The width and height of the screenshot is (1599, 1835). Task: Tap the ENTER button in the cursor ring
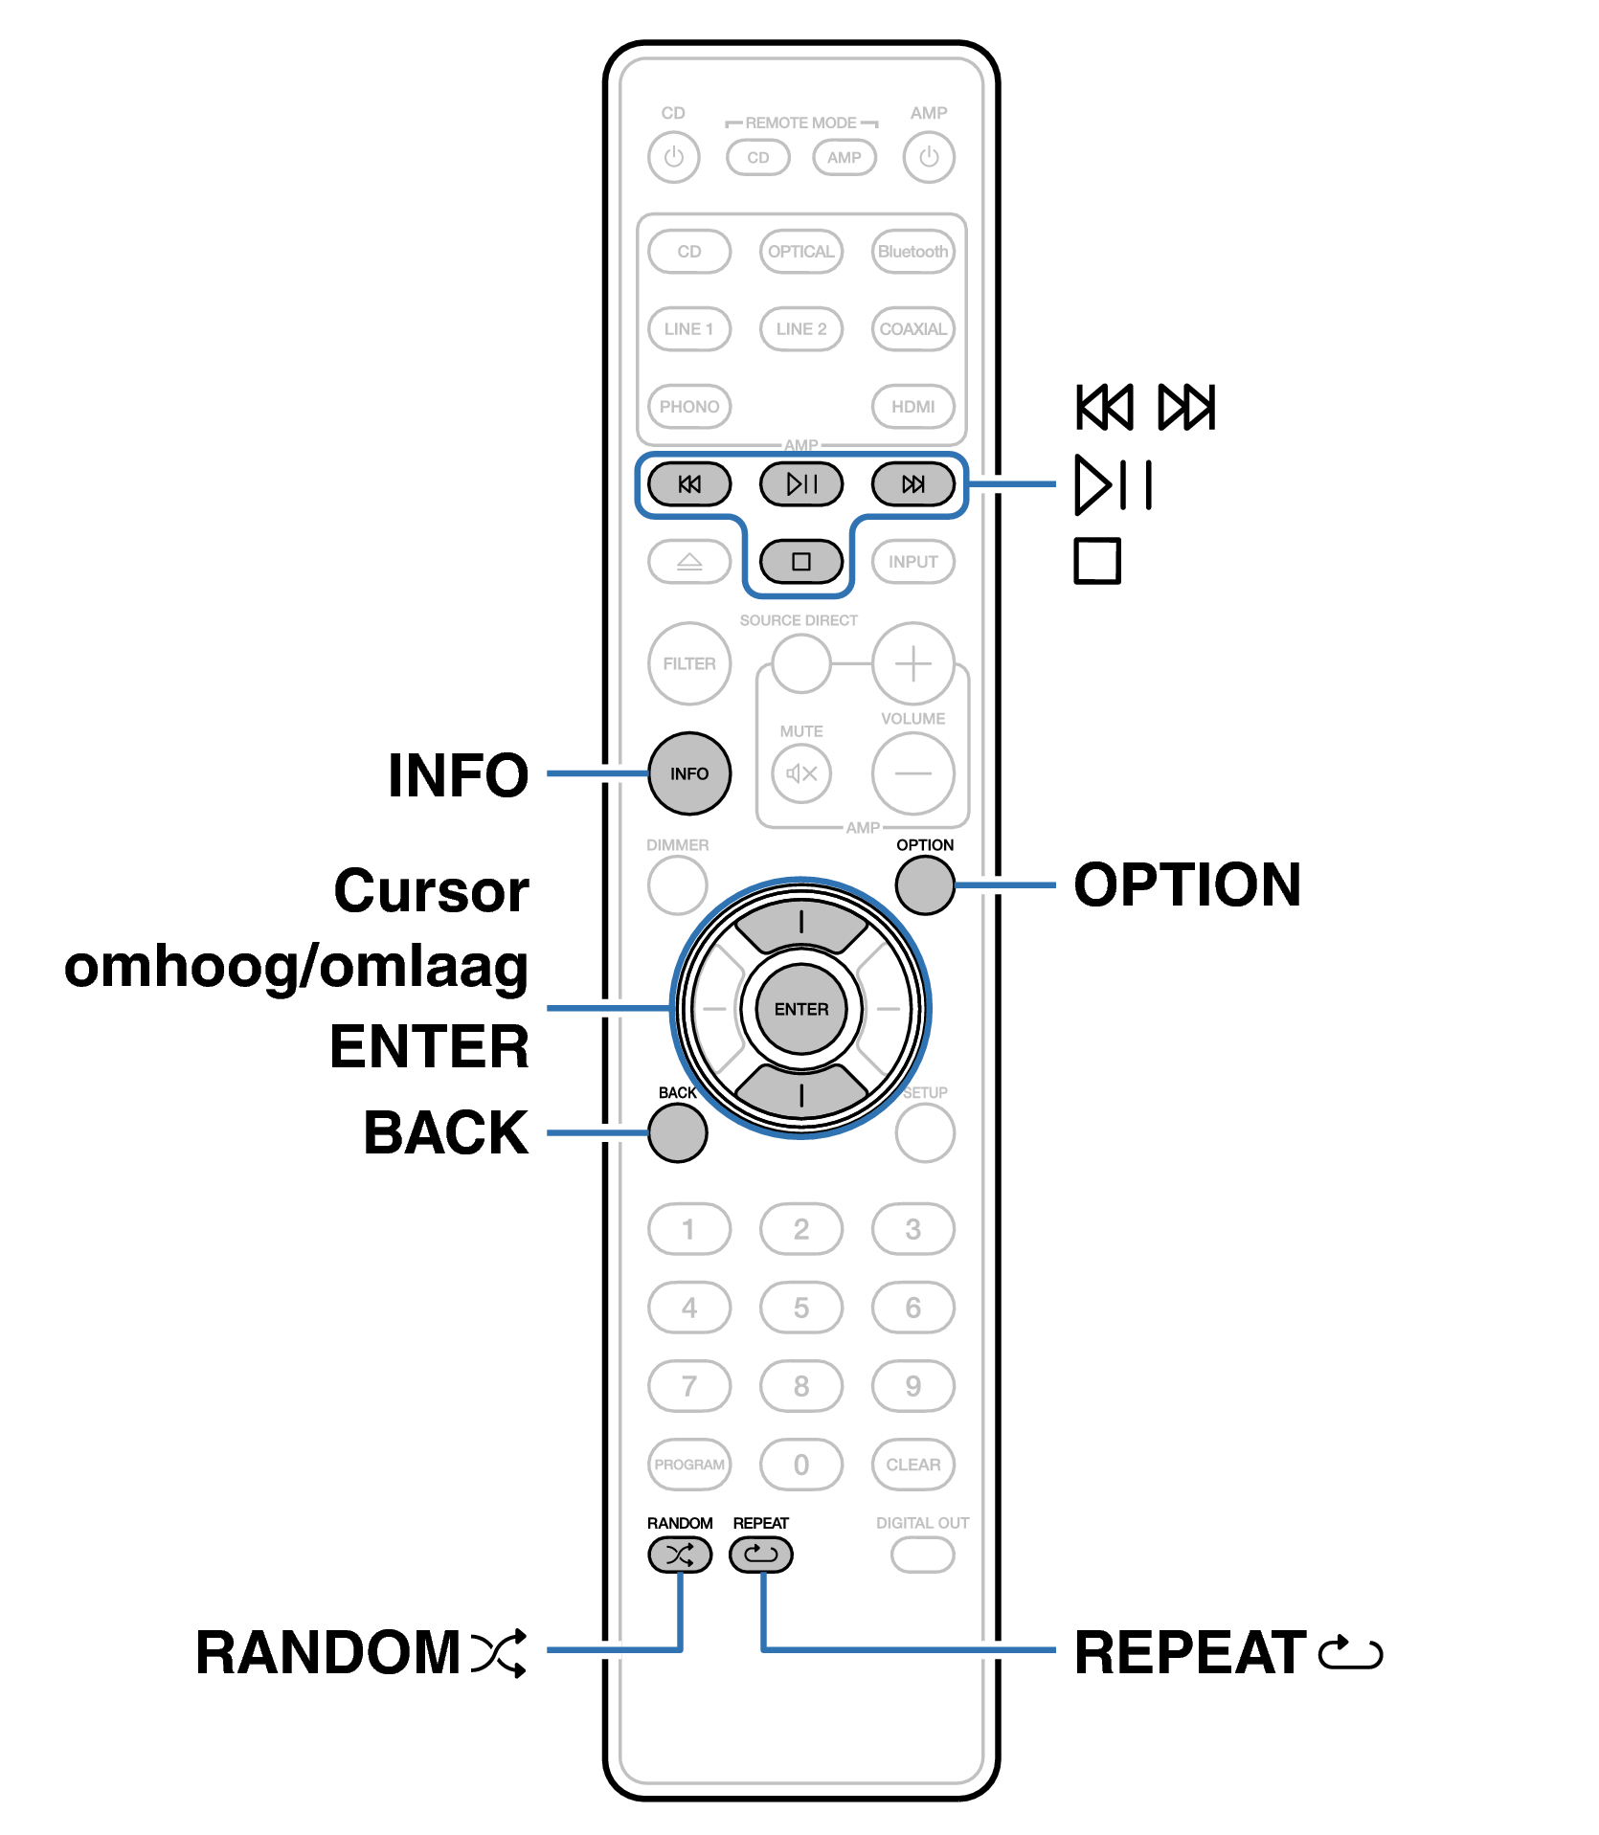click(801, 1009)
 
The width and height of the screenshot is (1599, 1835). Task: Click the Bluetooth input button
click(913, 252)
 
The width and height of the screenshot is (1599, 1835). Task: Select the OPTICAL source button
click(801, 252)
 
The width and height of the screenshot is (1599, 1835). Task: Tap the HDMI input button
click(913, 406)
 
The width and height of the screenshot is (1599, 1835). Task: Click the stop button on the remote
click(801, 561)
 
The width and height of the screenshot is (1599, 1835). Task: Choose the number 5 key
click(801, 1308)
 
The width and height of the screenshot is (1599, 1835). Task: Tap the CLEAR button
click(913, 1465)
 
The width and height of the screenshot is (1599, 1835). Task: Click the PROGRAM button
click(689, 1465)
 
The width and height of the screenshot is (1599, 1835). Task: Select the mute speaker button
click(801, 773)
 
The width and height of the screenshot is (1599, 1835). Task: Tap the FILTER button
click(689, 663)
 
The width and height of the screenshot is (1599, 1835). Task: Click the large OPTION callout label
click(1187, 884)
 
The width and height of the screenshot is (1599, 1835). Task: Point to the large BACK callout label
click(446, 1133)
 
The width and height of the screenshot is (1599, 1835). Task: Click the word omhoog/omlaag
click(297, 968)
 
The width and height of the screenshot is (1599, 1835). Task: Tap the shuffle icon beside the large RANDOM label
click(499, 1653)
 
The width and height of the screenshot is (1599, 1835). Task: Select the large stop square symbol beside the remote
click(1097, 561)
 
